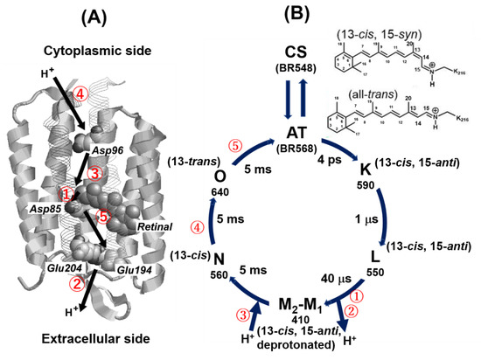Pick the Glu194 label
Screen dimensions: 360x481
pos(129,270)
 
